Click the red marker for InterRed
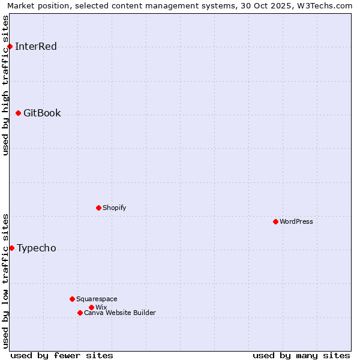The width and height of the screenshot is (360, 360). point(10,46)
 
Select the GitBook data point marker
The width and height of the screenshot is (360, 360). point(18,113)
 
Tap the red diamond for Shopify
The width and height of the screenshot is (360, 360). point(98,208)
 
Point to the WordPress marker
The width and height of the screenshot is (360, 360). point(275,221)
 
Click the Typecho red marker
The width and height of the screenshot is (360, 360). point(11,248)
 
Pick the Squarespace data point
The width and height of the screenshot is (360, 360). point(72,299)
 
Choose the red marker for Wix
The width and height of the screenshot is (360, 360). point(91,307)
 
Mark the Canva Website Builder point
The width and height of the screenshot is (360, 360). point(80,313)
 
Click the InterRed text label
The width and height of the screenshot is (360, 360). point(36,47)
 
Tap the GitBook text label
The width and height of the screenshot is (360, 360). point(42,113)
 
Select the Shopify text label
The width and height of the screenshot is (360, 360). point(114,208)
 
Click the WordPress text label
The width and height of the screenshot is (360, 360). point(296,221)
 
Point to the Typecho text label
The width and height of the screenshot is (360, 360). point(37,248)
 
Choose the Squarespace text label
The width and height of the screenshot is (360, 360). point(97,299)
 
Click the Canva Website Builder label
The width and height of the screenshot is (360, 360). point(120,313)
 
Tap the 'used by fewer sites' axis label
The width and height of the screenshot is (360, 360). point(62,355)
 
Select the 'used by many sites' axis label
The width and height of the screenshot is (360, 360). point(301,355)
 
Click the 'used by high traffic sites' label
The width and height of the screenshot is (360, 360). point(6,85)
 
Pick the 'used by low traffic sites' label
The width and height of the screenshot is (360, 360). point(6,281)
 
